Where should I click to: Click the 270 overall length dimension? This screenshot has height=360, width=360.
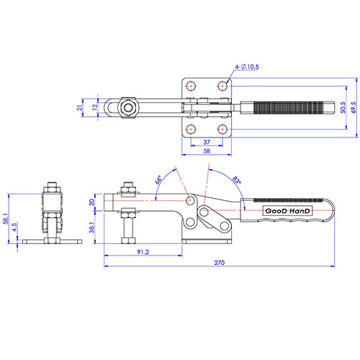pyautogui.click(x=220, y=263)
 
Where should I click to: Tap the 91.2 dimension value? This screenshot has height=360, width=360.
pyautogui.click(x=143, y=252)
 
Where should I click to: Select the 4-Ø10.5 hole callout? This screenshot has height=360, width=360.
pyautogui.click(x=247, y=67)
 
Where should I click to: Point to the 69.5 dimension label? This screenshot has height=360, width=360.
pyautogui.click(x=354, y=107)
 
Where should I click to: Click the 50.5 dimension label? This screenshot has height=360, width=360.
pyautogui.click(x=343, y=107)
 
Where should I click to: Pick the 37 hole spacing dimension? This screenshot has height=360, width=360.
pyautogui.click(x=207, y=142)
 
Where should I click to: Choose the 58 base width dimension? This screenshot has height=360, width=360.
pyautogui.click(x=207, y=151)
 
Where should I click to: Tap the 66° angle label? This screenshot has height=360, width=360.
pyautogui.click(x=158, y=180)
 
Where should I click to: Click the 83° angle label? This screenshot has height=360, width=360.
pyautogui.click(x=237, y=180)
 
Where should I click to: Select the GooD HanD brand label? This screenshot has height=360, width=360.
pyautogui.click(x=287, y=211)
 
